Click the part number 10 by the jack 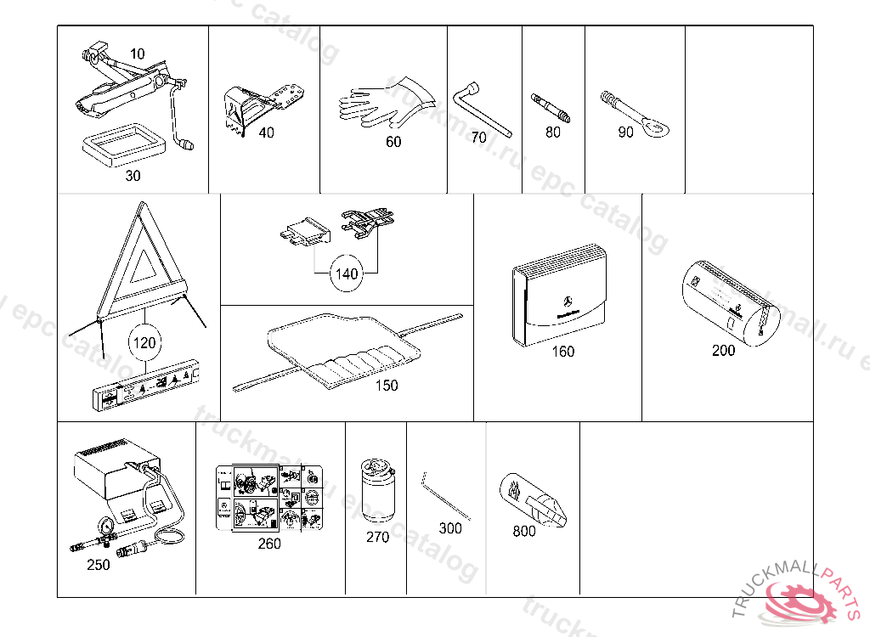138,54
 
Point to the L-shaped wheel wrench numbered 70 482,106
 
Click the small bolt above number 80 551,108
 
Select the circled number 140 347,274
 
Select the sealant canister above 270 376,492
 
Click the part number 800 524,532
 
